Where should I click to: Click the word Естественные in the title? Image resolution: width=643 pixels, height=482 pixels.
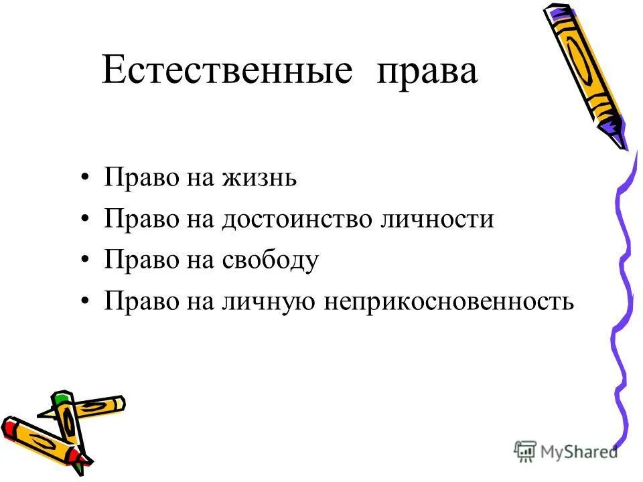pyautogui.click(x=226, y=71)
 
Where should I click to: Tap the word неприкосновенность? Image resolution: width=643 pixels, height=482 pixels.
pyautogui.click(x=449, y=302)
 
